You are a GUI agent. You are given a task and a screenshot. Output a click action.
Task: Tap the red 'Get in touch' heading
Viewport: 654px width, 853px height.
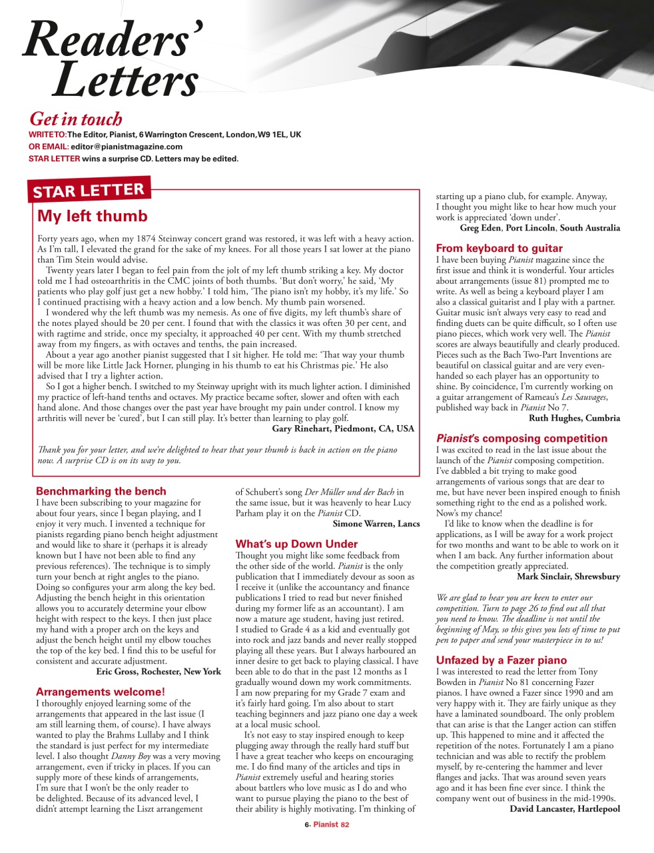click(76, 119)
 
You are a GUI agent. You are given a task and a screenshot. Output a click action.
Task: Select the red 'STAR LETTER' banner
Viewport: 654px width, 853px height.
click(89, 191)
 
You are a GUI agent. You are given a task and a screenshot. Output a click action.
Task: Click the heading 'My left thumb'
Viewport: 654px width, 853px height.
click(93, 217)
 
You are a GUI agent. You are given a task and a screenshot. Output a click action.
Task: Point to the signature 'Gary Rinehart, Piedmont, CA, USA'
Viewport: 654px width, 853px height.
click(343, 428)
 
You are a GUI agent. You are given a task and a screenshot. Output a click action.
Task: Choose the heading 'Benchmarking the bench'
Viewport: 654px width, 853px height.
click(101, 492)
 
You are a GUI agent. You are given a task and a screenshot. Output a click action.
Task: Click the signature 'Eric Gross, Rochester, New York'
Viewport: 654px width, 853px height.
click(159, 672)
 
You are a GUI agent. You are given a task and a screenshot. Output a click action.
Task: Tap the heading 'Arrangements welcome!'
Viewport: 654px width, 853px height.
click(101, 692)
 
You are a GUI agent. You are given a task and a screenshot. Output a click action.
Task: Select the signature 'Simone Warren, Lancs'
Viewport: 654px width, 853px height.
click(376, 524)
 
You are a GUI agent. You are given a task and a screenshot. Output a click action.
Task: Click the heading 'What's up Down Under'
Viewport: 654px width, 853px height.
click(296, 544)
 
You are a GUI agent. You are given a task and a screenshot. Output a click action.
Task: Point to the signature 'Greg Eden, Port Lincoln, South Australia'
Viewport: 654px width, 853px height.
click(539, 228)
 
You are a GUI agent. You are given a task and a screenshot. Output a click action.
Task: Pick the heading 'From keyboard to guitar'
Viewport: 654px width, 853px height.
click(499, 249)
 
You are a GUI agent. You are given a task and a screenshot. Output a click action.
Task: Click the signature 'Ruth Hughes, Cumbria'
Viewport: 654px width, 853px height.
click(574, 419)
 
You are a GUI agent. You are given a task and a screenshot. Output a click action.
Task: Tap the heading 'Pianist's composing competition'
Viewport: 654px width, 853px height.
click(521, 438)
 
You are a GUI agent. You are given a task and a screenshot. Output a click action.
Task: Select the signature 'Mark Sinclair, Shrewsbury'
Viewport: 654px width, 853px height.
click(568, 576)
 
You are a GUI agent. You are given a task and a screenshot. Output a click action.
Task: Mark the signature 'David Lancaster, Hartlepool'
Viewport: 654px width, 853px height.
click(565, 809)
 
